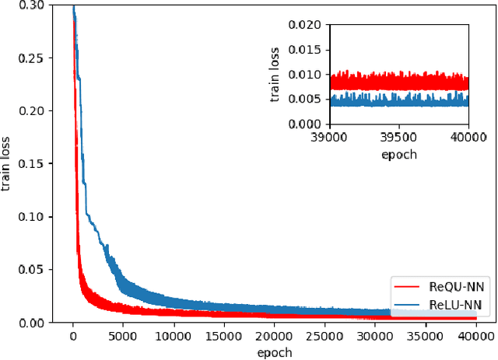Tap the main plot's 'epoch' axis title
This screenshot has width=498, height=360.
tap(274, 351)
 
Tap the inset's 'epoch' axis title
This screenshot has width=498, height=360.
tap(398, 153)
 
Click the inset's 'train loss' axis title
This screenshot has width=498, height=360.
tap(275, 74)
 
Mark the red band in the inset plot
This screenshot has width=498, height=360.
tap(398, 81)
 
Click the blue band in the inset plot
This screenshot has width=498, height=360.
tap(398, 100)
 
